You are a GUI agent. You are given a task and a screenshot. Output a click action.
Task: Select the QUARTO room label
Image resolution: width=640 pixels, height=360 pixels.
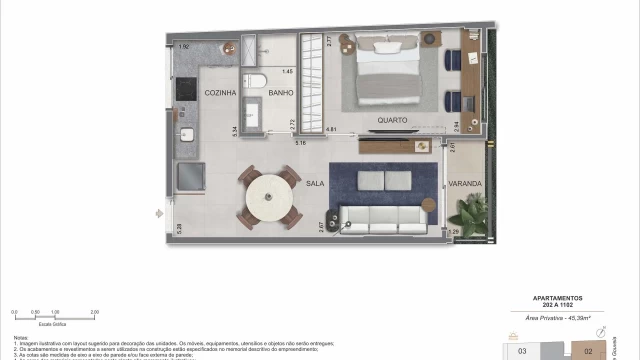(391, 121)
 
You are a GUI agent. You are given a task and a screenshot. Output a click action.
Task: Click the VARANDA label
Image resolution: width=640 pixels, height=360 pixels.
(465, 184)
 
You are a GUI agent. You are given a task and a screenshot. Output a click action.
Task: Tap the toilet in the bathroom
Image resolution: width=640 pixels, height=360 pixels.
(256, 81)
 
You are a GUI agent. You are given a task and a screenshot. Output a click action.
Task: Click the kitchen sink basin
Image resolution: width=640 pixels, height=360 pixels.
(186, 139)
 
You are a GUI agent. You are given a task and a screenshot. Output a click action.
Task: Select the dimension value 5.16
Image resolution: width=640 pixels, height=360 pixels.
(300, 143)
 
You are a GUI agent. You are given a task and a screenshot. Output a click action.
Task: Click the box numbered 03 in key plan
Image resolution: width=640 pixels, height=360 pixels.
(521, 351)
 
